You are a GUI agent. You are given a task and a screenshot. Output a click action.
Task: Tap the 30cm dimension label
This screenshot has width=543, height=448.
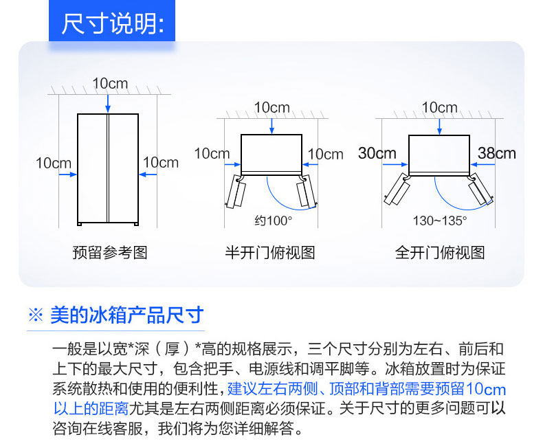pos(377,153)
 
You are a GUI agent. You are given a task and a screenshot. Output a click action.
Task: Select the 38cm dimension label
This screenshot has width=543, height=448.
pos(496,153)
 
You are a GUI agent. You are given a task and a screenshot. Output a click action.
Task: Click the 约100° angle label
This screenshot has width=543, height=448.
pos(274,221)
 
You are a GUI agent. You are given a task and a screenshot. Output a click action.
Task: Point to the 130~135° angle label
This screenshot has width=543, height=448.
pos(440,221)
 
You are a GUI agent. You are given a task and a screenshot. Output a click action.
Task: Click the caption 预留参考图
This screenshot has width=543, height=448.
pos(110,252)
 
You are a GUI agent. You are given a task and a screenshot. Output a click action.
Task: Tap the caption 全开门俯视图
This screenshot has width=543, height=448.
pos(440,252)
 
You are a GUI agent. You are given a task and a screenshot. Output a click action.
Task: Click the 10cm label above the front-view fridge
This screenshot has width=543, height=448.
pos(110,83)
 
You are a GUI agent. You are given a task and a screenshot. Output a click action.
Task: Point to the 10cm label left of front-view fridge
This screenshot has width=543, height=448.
pos(54,163)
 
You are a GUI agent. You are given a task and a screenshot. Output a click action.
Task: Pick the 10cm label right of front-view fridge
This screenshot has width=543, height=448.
pos(160,163)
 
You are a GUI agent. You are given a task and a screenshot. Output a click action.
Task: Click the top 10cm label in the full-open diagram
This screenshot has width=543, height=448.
pos(439,108)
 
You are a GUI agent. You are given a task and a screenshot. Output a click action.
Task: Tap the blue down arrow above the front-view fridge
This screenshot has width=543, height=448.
pos(108,102)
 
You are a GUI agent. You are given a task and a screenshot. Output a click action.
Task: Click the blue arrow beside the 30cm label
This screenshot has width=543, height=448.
pos(395,164)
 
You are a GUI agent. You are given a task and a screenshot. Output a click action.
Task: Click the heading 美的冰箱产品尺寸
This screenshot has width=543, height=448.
pos(127,315)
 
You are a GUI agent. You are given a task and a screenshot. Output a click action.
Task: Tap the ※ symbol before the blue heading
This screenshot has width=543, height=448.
pos(36,316)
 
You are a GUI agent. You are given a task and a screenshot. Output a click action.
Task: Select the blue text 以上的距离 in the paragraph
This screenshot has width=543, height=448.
pos(91,408)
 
